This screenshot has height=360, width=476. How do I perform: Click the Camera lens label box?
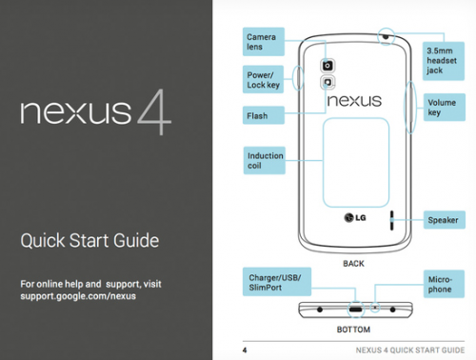click(x=264, y=42)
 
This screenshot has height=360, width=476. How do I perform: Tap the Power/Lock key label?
click(x=263, y=79)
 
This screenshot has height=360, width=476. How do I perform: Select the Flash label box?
click(x=264, y=115)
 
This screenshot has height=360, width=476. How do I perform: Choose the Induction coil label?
click(x=265, y=160)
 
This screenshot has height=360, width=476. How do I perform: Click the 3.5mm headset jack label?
click(x=444, y=61)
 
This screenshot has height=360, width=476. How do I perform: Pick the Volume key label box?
click(x=445, y=108)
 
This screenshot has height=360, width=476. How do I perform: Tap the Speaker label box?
click(x=445, y=220)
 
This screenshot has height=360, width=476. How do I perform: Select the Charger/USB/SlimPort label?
click(x=277, y=282)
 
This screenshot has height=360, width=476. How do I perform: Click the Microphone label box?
click(x=444, y=284)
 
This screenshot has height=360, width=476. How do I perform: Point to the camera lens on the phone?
click(x=327, y=66)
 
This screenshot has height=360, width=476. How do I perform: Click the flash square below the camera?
click(x=327, y=83)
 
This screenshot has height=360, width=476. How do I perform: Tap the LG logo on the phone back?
click(x=355, y=218)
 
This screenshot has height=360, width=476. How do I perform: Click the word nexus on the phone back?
click(x=354, y=101)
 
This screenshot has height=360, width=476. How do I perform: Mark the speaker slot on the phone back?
click(x=392, y=220)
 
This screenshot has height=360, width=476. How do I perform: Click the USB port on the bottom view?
click(x=356, y=309)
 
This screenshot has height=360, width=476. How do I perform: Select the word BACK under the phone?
click(x=353, y=264)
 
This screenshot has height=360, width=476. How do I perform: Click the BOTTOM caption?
click(x=353, y=330)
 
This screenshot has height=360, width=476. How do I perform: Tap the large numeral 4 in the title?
click(x=154, y=111)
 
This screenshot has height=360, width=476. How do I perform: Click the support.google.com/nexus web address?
click(x=78, y=296)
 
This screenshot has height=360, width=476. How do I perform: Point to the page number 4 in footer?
click(x=245, y=350)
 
